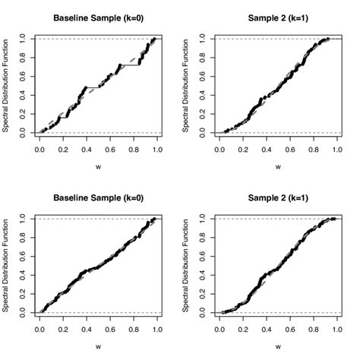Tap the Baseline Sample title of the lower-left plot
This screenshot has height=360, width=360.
tap(98, 197)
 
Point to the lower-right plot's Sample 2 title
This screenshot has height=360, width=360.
tap(277, 197)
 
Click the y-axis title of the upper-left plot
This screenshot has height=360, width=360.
tap(6, 85)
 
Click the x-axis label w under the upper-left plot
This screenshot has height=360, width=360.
tap(98, 166)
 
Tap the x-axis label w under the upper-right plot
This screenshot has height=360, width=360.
tap(277, 166)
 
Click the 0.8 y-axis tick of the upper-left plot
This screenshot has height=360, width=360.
tap(22, 56)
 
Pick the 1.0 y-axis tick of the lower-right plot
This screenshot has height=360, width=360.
tap(201, 218)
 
